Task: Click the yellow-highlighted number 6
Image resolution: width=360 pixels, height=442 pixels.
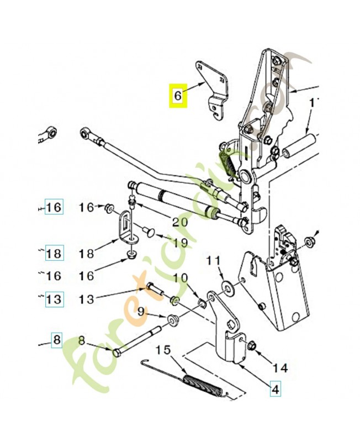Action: [177, 96]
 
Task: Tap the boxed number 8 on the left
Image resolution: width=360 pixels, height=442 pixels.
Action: [57, 340]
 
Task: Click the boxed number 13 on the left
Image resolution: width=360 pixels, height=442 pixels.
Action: [54, 299]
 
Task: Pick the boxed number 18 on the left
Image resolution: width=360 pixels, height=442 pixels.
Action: [54, 254]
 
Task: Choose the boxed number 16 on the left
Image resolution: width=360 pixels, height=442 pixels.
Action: [54, 208]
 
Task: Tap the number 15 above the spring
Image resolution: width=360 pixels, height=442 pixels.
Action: [163, 350]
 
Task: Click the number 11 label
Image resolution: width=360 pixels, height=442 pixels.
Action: [213, 260]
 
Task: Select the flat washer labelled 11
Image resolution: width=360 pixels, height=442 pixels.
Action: [226, 287]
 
